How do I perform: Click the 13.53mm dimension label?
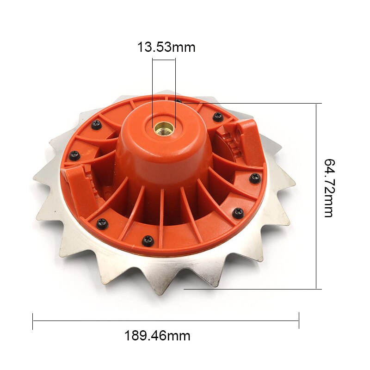tap(166, 47)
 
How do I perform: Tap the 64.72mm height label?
tap(329, 187)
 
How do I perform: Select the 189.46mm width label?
tap(157, 335)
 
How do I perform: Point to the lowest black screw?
tap(148, 240)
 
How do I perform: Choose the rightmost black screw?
tap(255, 178)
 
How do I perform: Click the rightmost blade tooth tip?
tap(295, 185)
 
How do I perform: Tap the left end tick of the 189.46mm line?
tap(33, 321)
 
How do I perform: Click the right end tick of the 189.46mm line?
tap(299, 321)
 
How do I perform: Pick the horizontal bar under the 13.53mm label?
tap(164, 58)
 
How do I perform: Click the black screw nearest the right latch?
tap(218, 117)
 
